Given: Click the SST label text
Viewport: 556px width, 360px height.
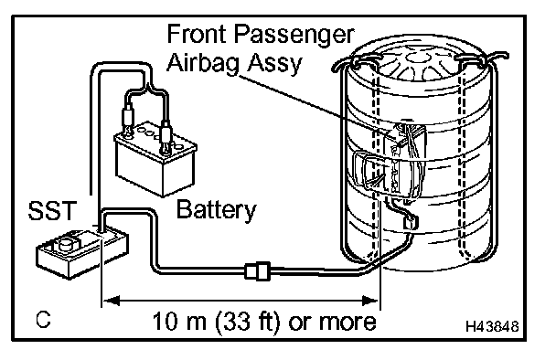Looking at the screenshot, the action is coord(52,211).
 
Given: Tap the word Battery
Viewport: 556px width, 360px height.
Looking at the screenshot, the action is coord(216,210).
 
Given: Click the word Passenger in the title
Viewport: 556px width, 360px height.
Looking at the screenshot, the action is coord(294,36).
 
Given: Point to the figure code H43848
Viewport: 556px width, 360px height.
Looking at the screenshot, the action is coord(492,326).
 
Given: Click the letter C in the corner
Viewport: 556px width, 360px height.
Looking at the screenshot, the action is coord(43,320).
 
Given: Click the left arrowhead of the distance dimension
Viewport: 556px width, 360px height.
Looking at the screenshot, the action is coord(111,302).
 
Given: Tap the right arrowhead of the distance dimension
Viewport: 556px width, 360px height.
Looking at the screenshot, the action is coord(370,302).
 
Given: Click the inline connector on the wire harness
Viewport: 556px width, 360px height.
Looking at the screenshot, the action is coord(258,271).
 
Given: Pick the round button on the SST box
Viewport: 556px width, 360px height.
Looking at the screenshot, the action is coord(65,244).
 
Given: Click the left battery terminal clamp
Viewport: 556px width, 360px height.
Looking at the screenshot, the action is coord(127,119).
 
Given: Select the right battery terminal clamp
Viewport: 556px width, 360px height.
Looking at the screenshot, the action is coord(166,136).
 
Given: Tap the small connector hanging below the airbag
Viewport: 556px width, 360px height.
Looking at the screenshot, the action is coord(411,223).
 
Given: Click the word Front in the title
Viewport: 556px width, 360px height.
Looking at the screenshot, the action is coord(197,34).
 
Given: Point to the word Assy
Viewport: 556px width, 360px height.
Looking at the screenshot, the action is coord(274,65).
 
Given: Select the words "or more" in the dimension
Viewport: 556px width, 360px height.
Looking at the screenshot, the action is coord(332,322).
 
